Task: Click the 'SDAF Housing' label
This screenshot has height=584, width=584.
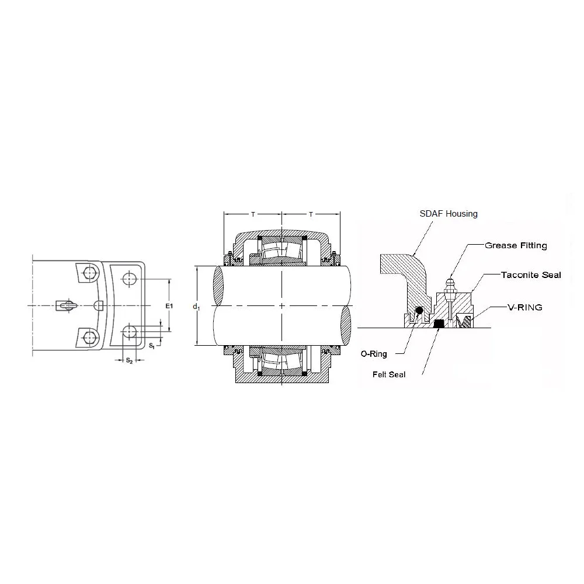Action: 449,214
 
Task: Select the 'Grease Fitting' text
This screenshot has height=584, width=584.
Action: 516,245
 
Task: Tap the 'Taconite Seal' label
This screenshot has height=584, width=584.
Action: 531,275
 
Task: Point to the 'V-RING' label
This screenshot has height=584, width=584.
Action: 525,307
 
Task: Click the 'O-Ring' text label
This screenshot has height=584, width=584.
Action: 374,354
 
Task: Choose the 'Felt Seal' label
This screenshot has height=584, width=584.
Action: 389,375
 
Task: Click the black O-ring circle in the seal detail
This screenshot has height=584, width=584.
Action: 419,310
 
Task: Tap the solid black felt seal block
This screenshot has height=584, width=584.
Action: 439,324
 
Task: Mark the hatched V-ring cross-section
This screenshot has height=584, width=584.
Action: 465,321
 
